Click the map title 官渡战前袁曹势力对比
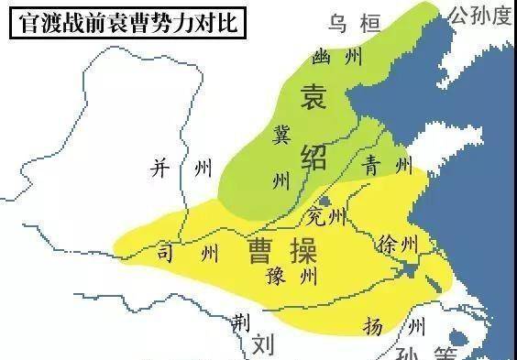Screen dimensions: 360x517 (x=126, y=20)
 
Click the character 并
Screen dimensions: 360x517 (x=161, y=168)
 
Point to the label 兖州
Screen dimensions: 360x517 (x=325, y=217)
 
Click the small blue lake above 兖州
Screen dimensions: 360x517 (x=324, y=201)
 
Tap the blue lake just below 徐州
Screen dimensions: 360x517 (x=409, y=270)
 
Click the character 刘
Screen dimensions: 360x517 (x=265, y=344)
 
